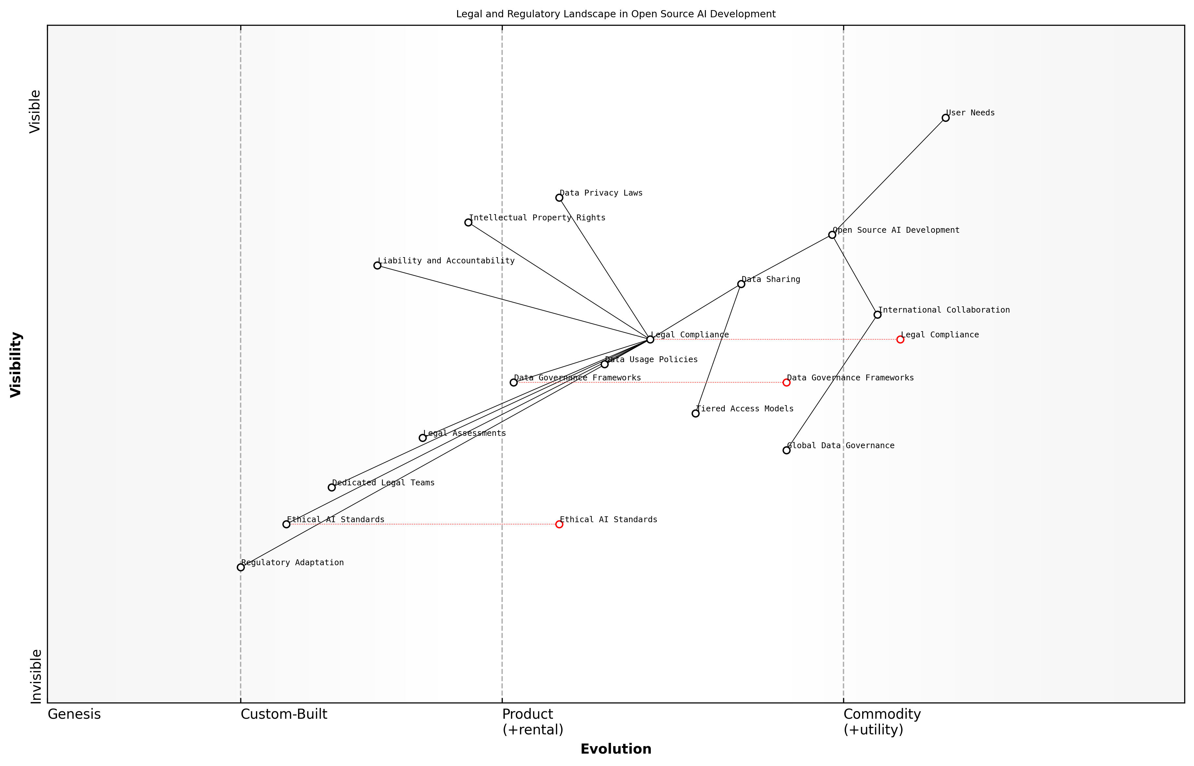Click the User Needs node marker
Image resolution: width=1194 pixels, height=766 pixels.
point(945,118)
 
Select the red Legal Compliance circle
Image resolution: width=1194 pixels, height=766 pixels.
point(900,340)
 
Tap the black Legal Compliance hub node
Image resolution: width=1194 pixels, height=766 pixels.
point(650,340)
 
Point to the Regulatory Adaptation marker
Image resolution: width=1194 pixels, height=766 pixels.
point(241,567)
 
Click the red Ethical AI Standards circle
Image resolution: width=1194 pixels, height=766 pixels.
point(559,524)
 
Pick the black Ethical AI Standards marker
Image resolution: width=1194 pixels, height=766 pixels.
point(286,524)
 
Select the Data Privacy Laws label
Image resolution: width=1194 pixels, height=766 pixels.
point(601,193)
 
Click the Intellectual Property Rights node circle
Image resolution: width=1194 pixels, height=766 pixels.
point(468,222)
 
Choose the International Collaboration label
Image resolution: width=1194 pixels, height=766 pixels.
point(944,310)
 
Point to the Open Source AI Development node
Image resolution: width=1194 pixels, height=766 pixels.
point(832,235)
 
